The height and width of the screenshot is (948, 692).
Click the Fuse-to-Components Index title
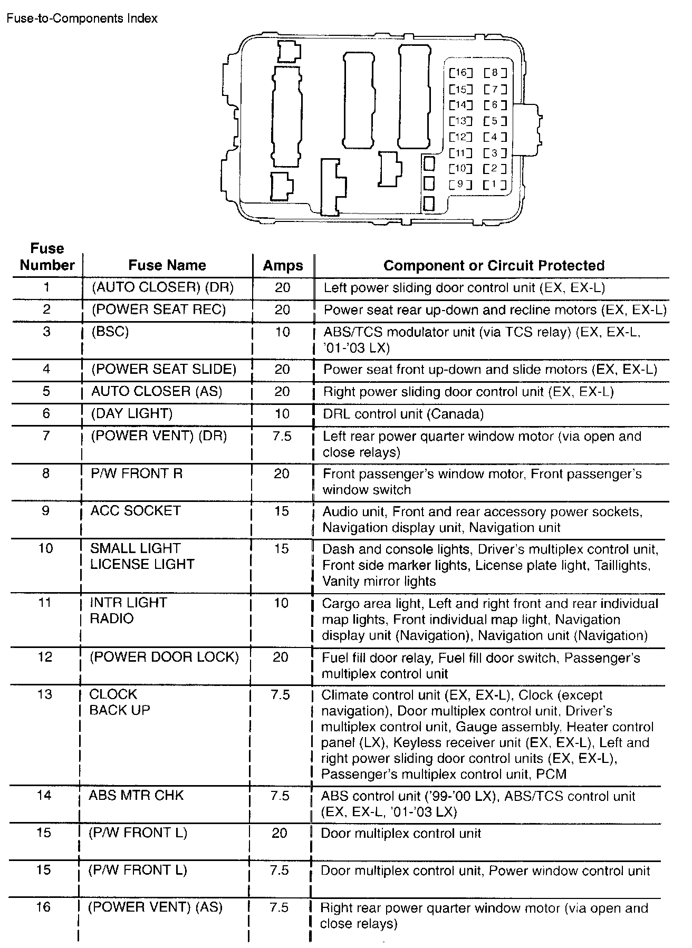tap(82, 18)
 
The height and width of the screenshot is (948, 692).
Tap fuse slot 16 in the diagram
tap(461, 73)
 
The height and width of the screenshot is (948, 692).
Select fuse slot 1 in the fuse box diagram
tap(495, 185)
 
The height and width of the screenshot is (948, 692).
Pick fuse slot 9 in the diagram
tap(461, 185)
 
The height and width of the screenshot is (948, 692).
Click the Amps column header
tap(283, 266)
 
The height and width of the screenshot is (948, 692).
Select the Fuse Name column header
tap(167, 265)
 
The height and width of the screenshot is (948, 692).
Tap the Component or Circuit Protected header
tap(494, 265)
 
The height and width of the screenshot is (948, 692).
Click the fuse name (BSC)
tap(110, 332)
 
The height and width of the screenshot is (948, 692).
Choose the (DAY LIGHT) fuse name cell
tap(131, 414)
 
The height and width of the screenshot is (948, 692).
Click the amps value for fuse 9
tap(282, 511)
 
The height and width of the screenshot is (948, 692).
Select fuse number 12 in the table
tap(46, 657)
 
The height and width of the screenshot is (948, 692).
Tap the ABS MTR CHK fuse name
tap(136, 795)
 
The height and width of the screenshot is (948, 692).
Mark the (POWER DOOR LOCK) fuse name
tap(164, 657)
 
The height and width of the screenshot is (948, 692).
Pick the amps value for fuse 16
tap(280, 907)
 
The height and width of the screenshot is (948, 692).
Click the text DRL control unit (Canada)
tap(403, 414)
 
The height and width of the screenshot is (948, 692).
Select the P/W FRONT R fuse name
tap(137, 473)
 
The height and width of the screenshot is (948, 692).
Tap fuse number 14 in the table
tap(45, 795)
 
